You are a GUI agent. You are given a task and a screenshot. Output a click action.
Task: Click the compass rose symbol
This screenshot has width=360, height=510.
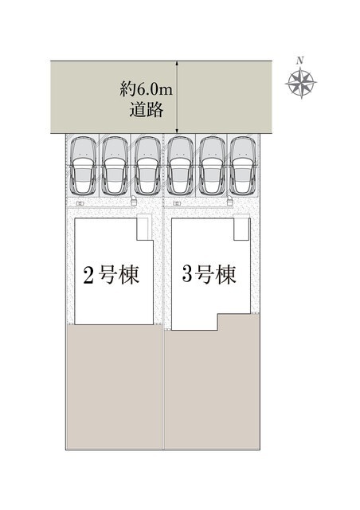click(301, 83)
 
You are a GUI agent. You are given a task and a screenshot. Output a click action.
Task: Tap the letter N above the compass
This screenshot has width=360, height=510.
click(300, 61)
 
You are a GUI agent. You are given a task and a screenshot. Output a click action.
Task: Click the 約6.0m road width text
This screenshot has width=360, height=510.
click(146, 89)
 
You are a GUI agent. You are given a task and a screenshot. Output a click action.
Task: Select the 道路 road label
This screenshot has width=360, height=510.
click(147, 110)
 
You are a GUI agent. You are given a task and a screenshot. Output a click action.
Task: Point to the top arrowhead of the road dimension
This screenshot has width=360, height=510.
click(177, 64)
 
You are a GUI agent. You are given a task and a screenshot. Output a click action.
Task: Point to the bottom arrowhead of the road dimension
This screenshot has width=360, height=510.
click(177, 130)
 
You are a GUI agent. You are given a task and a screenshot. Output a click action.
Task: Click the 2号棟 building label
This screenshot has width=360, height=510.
click(112, 275)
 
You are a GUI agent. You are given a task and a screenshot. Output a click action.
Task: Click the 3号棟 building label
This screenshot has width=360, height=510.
click(209, 274)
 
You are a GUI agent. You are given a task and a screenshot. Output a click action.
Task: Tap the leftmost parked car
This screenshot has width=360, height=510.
click(84, 166)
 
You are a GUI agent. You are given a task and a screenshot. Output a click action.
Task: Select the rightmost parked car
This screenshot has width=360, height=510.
click(243, 166)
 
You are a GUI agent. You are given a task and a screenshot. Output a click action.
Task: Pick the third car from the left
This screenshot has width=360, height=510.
click(147, 166)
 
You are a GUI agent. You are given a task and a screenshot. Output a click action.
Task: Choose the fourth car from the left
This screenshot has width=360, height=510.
click(180, 166)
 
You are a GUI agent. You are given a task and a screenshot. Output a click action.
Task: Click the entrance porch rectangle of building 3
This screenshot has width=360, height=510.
click(241, 227)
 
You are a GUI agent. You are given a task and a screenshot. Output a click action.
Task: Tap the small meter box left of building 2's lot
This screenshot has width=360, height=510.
click(80, 204)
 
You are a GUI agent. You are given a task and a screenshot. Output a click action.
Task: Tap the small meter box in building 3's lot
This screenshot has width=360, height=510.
click(177, 204)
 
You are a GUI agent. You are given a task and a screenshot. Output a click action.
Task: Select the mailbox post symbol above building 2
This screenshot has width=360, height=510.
click(133, 201)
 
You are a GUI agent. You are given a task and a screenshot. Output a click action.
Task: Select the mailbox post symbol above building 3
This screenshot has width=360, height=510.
click(230, 201)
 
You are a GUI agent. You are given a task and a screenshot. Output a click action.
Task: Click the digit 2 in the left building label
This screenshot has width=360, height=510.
click(88, 276)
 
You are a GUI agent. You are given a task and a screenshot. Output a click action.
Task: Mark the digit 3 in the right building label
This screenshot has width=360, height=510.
click(186, 274)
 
